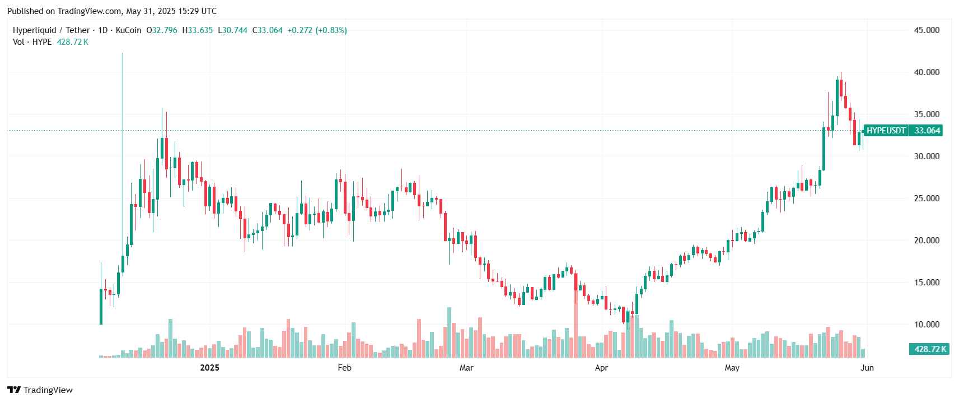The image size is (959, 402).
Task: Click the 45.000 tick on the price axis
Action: (x=927, y=30)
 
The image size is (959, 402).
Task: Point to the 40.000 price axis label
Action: (x=927, y=72)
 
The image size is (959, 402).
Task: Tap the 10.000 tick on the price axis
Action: (x=927, y=325)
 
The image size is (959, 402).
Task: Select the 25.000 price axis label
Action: (x=927, y=198)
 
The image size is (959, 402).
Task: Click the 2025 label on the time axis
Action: (x=209, y=368)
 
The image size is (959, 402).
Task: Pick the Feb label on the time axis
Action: (x=344, y=368)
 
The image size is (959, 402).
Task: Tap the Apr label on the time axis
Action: (x=601, y=368)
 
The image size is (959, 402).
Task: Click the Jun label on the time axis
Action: (x=867, y=368)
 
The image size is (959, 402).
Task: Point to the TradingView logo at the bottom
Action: (x=40, y=390)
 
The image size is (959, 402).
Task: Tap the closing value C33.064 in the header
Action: (x=267, y=30)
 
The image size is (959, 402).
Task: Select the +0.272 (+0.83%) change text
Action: (x=317, y=30)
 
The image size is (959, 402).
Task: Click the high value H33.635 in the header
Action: (x=198, y=30)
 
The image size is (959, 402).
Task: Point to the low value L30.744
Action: (x=232, y=30)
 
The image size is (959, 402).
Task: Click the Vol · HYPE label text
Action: (x=32, y=42)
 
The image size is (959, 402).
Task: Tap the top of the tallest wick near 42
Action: (x=123, y=54)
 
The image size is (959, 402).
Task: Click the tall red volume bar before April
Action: (x=576, y=320)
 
